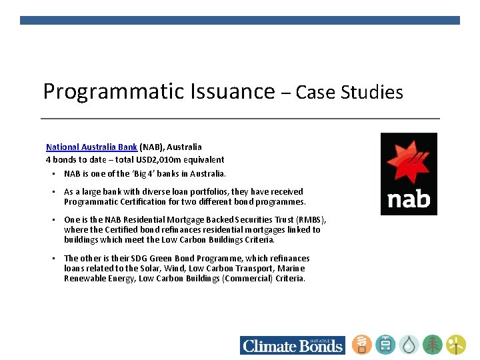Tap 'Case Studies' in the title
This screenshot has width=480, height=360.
pos(349,92)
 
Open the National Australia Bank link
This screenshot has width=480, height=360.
pos(91,147)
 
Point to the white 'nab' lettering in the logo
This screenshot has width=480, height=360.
pos(409,198)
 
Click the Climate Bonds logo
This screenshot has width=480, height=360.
pos(293,345)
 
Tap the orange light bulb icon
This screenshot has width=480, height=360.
pos(362,345)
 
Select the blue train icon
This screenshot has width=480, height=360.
pos(385,345)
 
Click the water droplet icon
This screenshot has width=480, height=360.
pos(409,345)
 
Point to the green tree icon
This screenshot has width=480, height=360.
pos(433,345)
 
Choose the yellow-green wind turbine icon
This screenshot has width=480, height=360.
pos(456,345)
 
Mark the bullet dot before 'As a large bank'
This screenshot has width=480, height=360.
pos(53,192)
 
